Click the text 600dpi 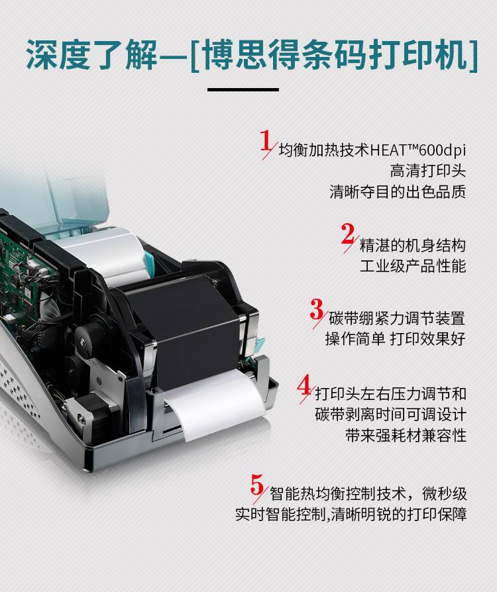(442, 150)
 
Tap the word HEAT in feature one (388, 150)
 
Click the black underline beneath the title (243, 89)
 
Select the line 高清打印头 (428, 171)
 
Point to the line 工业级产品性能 (413, 266)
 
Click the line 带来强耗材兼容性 (406, 435)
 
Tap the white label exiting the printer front (217, 402)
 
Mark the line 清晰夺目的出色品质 (398, 191)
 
